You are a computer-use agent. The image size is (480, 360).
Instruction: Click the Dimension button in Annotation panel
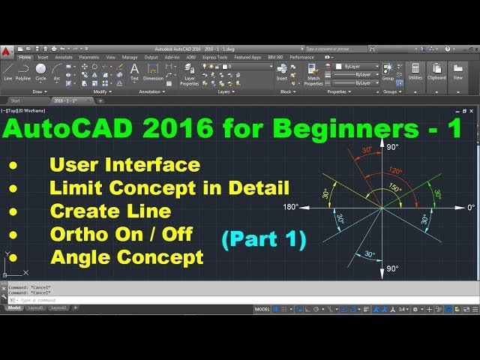[153, 71]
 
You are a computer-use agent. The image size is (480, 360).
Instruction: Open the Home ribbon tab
[25, 57]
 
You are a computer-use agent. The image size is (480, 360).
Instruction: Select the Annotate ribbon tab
[64, 57]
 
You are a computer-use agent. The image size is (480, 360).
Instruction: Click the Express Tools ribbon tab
[215, 57]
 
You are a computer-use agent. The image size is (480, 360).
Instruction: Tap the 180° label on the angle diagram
[290, 207]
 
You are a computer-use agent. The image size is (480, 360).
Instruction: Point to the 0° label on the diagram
[470, 207]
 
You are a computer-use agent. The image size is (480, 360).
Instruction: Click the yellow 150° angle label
[394, 187]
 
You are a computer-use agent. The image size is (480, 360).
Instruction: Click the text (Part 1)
[263, 239]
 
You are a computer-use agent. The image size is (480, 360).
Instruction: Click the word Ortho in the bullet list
[73, 235]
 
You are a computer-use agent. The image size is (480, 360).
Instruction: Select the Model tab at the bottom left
[14, 307]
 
